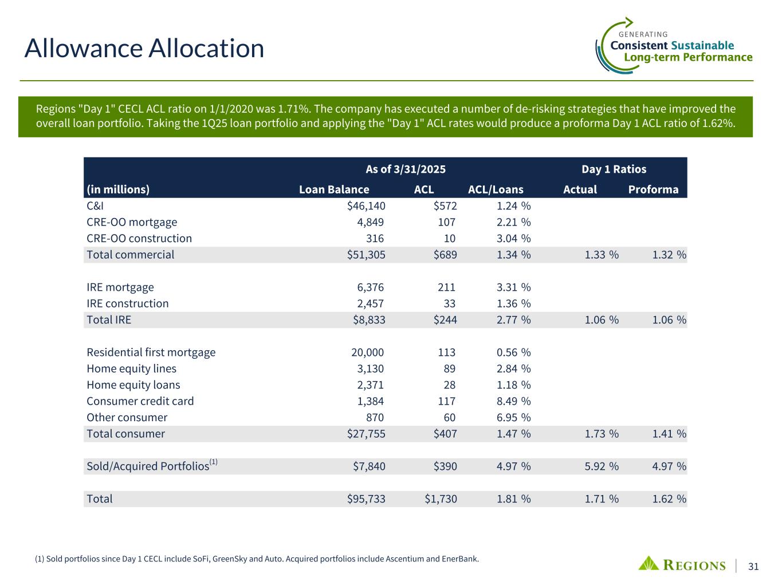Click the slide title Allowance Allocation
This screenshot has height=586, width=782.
(x=144, y=48)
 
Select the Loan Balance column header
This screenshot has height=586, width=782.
(x=334, y=189)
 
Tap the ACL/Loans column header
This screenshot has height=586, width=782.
(x=496, y=189)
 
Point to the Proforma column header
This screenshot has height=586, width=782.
(x=653, y=189)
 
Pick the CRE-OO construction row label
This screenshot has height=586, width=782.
(x=139, y=238)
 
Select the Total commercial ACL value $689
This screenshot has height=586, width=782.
(x=445, y=255)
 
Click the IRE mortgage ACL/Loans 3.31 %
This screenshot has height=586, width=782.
(x=513, y=287)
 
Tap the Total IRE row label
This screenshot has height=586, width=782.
(x=109, y=319)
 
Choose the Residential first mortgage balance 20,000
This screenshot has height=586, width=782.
(x=367, y=353)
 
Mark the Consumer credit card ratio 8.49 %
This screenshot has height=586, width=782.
(x=513, y=401)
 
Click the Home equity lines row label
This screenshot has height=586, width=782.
(x=131, y=369)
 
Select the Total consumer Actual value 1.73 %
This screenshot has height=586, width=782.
(x=602, y=434)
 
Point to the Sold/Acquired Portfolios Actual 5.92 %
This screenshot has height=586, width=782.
(x=602, y=466)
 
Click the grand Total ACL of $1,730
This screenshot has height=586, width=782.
(x=441, y=499)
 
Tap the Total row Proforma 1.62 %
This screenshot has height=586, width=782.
(x=669, y=499)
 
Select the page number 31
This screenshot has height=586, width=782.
(x=753, y=567)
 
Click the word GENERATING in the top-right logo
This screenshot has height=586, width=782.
(x=643, y=34)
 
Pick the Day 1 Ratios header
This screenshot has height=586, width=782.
(x=614, y=169)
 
